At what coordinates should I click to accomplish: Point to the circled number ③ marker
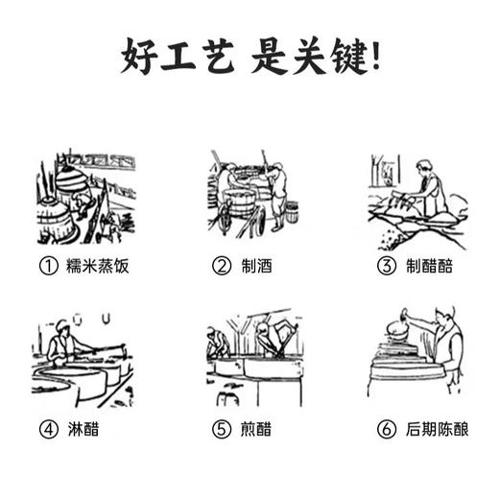387,266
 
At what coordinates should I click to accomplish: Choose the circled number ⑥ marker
387,429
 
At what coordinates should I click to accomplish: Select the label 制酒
254,266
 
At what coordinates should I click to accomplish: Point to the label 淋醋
83,429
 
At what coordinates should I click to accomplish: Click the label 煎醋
254,429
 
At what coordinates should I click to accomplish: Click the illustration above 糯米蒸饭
85,197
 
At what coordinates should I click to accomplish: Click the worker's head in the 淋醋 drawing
62,324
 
